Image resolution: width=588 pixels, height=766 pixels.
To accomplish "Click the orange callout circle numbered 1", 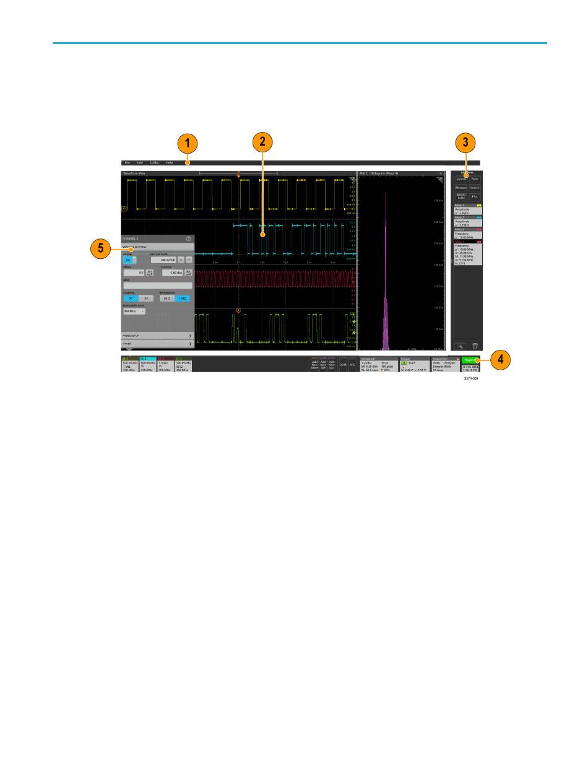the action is tap(187, 144).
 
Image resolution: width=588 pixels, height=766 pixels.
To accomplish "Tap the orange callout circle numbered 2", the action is tap(262, 142).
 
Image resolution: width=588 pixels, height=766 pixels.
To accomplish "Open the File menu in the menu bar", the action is tap(127, 162).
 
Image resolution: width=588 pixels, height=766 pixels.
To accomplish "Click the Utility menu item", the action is tap(154, 162).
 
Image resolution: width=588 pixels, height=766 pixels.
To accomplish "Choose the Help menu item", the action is tap(169, 162).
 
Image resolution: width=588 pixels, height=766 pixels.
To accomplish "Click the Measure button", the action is tap(461, 187).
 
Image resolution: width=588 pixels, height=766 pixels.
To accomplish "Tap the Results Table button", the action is tap(461, 196).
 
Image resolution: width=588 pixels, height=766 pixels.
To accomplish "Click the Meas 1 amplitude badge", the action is tap(468, 209).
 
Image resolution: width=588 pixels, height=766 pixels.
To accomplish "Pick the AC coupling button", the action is tap(146, 298).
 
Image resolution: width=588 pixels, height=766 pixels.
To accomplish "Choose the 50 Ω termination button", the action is tap(166, 298).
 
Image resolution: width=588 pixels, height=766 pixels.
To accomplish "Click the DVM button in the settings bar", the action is tap(343, 365).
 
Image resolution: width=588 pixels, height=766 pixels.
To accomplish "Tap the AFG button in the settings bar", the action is tap(352, 365).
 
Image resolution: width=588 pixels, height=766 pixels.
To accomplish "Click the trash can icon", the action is tap(475, 346).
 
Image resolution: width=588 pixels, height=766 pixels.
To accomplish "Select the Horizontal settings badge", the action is tap(378, 363).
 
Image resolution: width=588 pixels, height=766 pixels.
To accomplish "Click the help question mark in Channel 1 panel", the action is tap(188, 238).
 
